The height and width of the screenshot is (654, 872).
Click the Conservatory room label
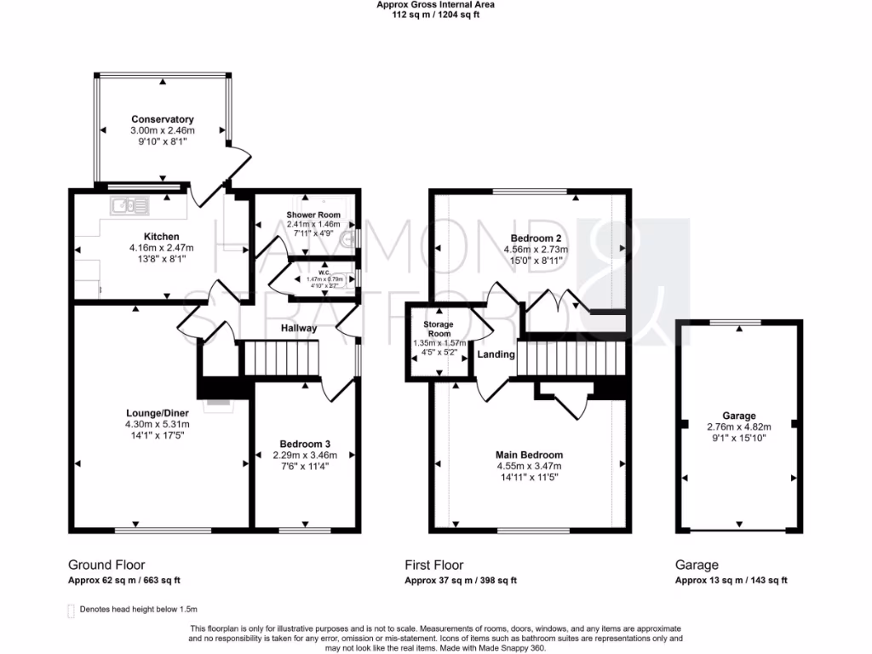pos(162,119)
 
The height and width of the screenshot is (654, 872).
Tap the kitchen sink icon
pos(129,204)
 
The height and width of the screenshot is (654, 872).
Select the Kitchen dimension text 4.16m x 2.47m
pos(161,248)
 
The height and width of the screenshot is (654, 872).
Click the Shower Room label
pos(313,215)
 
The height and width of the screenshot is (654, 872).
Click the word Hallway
pos(299,328)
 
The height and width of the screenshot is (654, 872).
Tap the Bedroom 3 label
pos(305,444)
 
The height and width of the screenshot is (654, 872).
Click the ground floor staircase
pos(281,358)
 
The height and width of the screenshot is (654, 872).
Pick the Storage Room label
pos(439,330)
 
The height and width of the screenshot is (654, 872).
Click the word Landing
pos(496,354)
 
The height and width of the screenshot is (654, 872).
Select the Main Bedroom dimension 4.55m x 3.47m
pos(529,466)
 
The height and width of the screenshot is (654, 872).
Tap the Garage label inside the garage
pos(737,416)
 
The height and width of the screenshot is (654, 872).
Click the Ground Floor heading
pos(106,565)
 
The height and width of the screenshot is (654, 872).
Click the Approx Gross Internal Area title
pos(435,5)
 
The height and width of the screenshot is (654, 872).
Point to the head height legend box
pos(72,610)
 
